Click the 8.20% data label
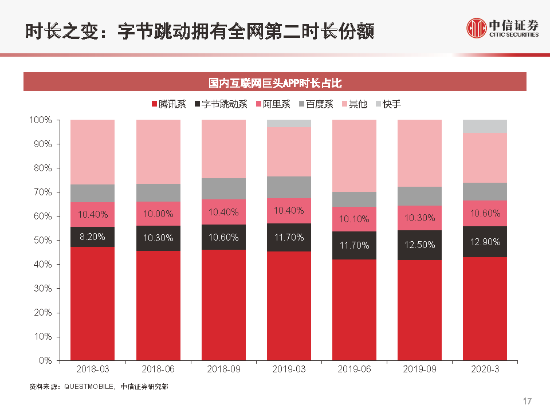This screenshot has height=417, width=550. point(92,236)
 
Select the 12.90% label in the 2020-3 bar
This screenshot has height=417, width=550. point(485,242)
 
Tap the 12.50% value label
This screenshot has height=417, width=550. point(419,245)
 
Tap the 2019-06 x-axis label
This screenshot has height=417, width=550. point(354,369)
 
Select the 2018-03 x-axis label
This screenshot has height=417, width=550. point(92,369)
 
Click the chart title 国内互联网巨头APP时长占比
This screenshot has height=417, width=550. point(275,82)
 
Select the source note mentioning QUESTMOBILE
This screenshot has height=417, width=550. point(99,387)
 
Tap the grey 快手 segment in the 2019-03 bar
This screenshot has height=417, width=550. point(289,123)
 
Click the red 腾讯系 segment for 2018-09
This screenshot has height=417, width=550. point(223,305)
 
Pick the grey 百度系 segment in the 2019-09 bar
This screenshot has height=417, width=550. point(419,196)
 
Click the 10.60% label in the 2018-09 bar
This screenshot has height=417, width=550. point(223,237)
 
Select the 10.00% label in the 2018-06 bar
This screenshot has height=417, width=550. point(158,214)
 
